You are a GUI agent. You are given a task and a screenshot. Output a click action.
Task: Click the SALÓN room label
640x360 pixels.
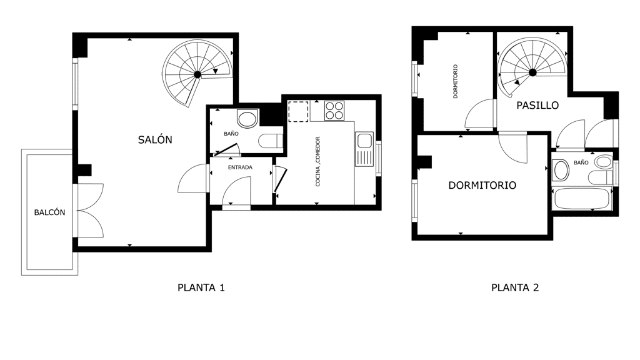tap(155, 139)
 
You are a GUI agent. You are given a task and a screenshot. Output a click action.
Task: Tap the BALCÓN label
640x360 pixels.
tap(49, 212)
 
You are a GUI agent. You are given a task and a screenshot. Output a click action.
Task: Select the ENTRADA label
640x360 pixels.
tap(240, 167)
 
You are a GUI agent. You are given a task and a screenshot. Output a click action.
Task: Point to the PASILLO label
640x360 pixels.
tap(537, 105)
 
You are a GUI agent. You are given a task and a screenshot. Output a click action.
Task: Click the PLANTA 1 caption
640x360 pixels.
tap(201, 287)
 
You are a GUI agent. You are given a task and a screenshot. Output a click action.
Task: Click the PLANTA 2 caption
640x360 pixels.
tap(515, 287)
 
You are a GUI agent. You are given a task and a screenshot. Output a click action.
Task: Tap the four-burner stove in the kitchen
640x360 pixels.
tap(334, 111)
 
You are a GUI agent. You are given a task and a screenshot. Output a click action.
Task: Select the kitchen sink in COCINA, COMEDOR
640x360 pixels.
tap(364, 149)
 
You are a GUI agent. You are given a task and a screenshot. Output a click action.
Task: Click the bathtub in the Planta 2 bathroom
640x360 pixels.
tap(582, 199)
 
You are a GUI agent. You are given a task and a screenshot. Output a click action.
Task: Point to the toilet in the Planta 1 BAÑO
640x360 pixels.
tap(271, 141)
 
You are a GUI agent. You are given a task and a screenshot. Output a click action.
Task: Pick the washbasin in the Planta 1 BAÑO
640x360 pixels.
tap(247, 119)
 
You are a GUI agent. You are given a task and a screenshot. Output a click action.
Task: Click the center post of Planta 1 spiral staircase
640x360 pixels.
tap(197, 74)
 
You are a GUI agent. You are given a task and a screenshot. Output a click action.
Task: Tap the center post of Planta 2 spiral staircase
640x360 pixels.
tap(532, 72)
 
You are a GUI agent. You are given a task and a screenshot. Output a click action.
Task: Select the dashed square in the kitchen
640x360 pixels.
tap(298, 111)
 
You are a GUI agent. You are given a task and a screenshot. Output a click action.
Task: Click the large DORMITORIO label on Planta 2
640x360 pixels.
tap(482, 185)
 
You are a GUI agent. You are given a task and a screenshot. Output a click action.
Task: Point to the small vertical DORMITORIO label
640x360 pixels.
tap(456, 81)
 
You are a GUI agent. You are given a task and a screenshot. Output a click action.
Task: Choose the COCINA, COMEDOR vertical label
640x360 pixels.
tap(318, 162)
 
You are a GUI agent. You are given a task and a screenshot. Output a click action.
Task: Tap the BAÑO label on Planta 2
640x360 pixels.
tap(581, 162)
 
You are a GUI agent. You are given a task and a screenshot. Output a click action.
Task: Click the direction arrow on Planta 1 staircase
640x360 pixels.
tap(216, 71)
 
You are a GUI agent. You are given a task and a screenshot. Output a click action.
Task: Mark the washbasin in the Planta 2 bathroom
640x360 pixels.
tap(561, 170)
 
